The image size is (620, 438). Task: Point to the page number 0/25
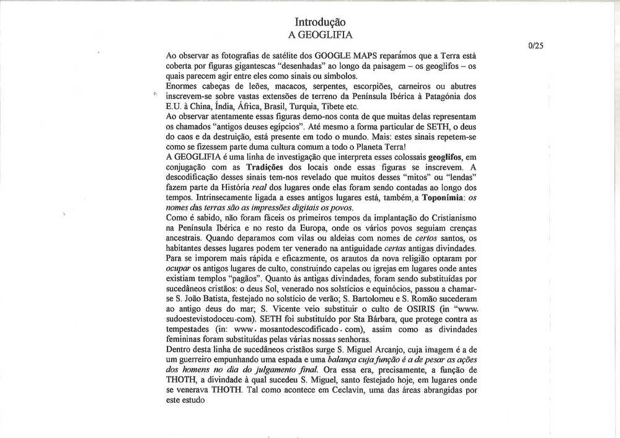tap(534, 45)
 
